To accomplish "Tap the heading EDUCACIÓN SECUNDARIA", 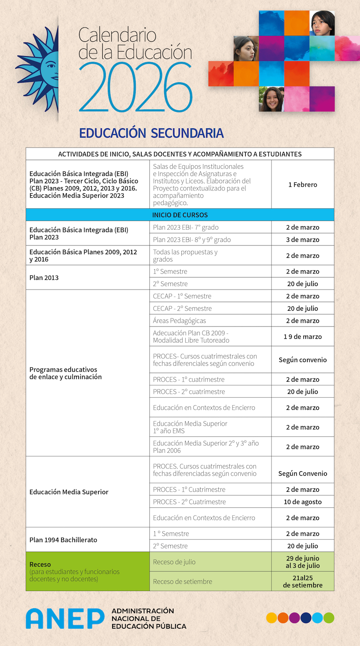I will [151, 133].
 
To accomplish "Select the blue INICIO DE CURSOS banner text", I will [180, 215].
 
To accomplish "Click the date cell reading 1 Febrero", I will [303, 185].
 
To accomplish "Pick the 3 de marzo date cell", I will [303, 240].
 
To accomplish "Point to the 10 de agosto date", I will [303, 502].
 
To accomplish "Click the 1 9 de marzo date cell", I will [303, 336].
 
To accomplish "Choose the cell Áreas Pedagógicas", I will [179, 321].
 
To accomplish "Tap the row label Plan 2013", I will [44, 277].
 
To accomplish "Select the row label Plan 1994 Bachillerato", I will [63, 540].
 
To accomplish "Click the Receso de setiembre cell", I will [183, 581].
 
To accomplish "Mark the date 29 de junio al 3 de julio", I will [303, 562].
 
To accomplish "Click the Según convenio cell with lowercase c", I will [303, 360].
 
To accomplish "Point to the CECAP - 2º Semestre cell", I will [182, 308].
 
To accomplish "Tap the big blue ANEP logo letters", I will [65, 618].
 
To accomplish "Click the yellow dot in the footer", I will [271, 618].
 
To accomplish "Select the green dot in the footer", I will [329, 618].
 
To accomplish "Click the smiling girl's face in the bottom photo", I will [272, 99].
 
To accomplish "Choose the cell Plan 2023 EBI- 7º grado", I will [186, 227].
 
